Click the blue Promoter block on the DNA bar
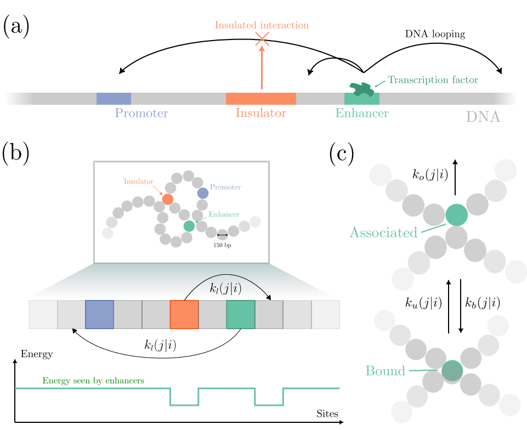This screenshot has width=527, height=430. [114, 99]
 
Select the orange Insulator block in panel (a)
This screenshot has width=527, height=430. [261, 99]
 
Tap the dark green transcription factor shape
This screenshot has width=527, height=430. [361, 89]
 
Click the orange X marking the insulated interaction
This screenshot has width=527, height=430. [262, 39]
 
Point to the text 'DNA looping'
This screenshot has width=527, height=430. [435, 34]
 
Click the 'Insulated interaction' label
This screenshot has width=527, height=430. [262, 25]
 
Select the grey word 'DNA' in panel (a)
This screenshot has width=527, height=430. [483, 117]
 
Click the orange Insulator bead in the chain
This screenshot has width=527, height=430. [168, 199]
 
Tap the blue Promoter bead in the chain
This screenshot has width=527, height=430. [203, 193]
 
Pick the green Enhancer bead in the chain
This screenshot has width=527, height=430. [189, 226]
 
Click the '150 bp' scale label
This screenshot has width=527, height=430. [222, 245]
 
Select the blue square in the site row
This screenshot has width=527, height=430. [99, 314]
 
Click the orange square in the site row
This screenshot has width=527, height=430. [184, 314]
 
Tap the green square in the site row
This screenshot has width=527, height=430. [241, 314]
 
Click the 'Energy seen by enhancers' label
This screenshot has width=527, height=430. [93, 381]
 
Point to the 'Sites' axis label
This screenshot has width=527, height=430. [327, 414]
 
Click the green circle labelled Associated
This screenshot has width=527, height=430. [457, 215]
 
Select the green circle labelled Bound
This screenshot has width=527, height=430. [452, 371]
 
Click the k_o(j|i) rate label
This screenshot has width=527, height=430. [430, 174]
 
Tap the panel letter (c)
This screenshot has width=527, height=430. [342, 154]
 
